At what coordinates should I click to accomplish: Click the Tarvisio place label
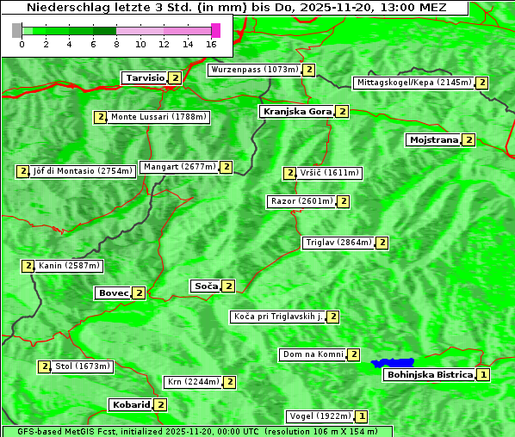click(x=144, y=77)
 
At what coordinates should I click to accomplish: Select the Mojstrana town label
click(x=434, y=139)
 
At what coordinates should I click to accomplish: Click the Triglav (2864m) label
click(x=338, y=243)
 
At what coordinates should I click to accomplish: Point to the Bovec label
click(x=113, y=292)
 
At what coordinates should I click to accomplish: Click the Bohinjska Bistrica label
click(x=430, y=374)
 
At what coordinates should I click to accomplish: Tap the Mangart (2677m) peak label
click(x=179, y=167)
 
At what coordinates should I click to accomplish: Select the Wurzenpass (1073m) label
click(x=255, y=70)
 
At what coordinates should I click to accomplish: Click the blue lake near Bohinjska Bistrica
click(x=393, y=363)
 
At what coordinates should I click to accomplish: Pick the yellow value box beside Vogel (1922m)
click(x=362, y=416)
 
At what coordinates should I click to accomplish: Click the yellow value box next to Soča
click(x=228, y=286)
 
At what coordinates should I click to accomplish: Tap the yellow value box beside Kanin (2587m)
click(x=28, y=266)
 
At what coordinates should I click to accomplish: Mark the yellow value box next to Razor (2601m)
click(x=343, y=201)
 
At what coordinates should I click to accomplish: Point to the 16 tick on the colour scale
click(x=211, y=43)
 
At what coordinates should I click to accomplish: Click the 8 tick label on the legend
click(x=116, y=43)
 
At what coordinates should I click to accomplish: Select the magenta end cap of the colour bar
click(x=215, y=30)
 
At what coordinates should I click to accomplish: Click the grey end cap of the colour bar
click(x=17, y=30)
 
